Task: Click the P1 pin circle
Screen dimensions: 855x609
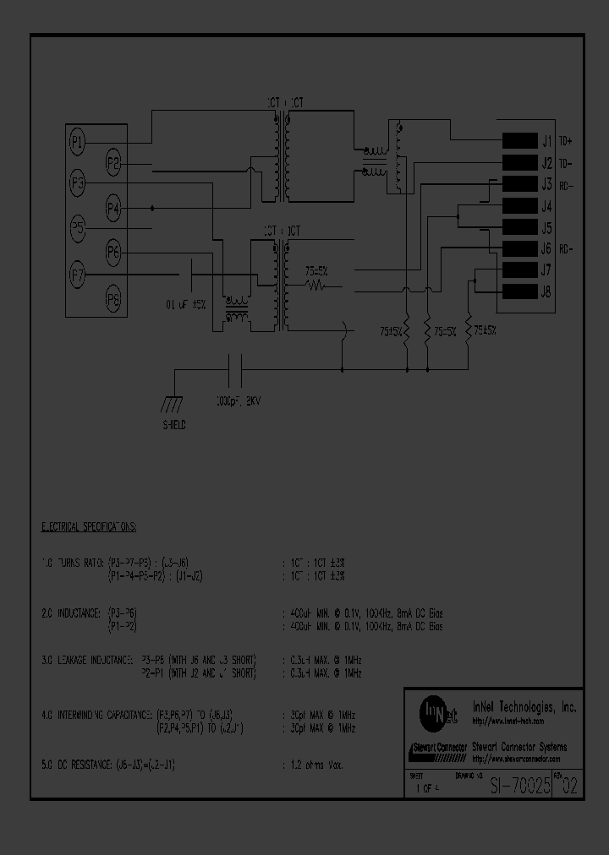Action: coord(77,143)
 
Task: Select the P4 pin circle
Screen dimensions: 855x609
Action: coord(113,208)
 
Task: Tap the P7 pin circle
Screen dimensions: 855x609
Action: coord(77,274)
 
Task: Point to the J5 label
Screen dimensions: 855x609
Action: coord(546,228)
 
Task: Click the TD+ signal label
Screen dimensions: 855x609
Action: coord(566,141)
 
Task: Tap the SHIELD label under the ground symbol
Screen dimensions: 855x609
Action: coord(175,425)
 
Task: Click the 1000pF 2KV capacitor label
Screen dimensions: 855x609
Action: coord(239,401)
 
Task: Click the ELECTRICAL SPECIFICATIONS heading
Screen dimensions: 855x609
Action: coord(90,526)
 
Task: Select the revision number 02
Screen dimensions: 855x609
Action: coord(570,786)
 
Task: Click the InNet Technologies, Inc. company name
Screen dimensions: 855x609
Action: coord(524,707)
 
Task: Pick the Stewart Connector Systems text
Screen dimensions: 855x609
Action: coord(518,747)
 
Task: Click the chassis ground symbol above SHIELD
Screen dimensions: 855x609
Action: coord(175,403)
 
